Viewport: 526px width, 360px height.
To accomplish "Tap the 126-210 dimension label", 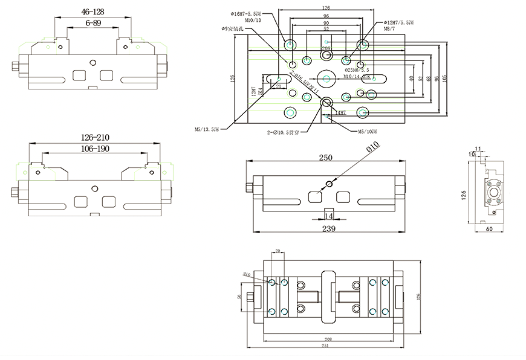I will (x=94, y=138).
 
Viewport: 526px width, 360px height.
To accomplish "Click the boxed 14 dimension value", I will (x=329, y=216).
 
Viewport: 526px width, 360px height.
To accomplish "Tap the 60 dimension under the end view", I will (x=489, y=230).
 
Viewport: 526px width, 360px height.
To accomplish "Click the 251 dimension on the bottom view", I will (x=325, y=346).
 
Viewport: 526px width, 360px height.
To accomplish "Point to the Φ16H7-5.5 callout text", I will (x=246, y=13).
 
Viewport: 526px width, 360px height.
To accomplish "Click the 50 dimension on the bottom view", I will (x=240, y=297).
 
